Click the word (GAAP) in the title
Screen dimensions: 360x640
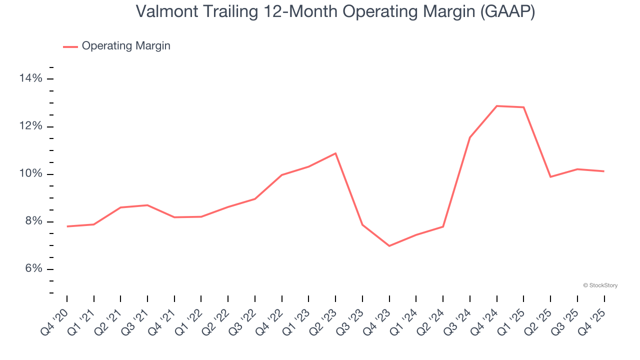tap(507, 11)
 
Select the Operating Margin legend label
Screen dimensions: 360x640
tap(126, 46)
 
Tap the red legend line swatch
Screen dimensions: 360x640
tap(70, 46)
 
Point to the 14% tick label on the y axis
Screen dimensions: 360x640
tap(30, 78)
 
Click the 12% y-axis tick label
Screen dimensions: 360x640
tap(30, 126)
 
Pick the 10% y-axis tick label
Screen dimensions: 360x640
tap(30, 174)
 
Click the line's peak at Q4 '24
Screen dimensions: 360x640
tap(497, 106)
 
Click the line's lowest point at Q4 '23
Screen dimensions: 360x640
tap(389, 246)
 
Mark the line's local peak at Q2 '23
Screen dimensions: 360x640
tap(335, 153)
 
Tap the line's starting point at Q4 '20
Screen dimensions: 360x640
tap(67, 226)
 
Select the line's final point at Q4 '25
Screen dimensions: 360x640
tap(604, 171)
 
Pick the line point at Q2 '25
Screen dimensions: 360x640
tap(550, 177)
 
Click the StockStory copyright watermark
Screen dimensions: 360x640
tap(600, 285)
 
